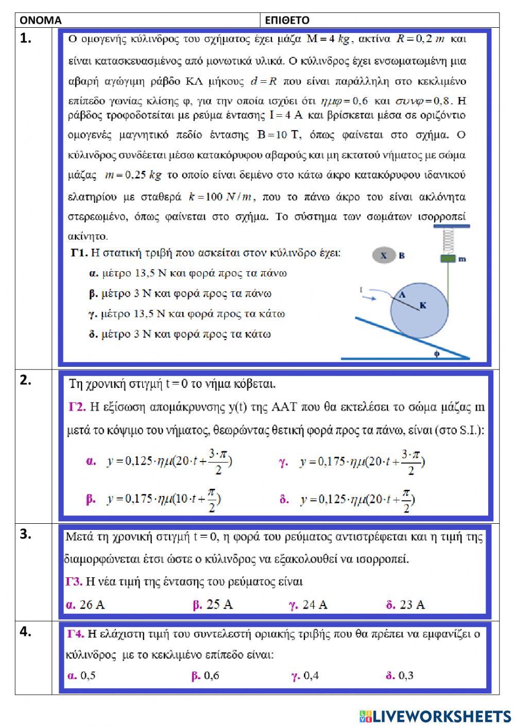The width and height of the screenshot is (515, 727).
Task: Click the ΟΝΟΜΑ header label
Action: click(40, 20)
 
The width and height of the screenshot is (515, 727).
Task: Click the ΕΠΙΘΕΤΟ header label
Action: click(287, 20)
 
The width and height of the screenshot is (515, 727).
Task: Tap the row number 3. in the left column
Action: click(26, 534)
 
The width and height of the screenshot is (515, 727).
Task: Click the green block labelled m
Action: click(448, 258)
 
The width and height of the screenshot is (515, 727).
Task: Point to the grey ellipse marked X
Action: click(384, 255)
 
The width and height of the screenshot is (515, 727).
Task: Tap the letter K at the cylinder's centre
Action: click(423, 306)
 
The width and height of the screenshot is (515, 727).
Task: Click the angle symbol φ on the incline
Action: click(437, 353)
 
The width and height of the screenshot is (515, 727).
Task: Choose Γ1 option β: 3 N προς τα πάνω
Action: click(180, 293)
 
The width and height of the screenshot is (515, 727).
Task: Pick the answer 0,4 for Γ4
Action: click(305, 675)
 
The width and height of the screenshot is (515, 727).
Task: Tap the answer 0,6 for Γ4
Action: click(205, 675)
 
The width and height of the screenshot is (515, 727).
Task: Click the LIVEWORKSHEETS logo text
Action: click(441, 716)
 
